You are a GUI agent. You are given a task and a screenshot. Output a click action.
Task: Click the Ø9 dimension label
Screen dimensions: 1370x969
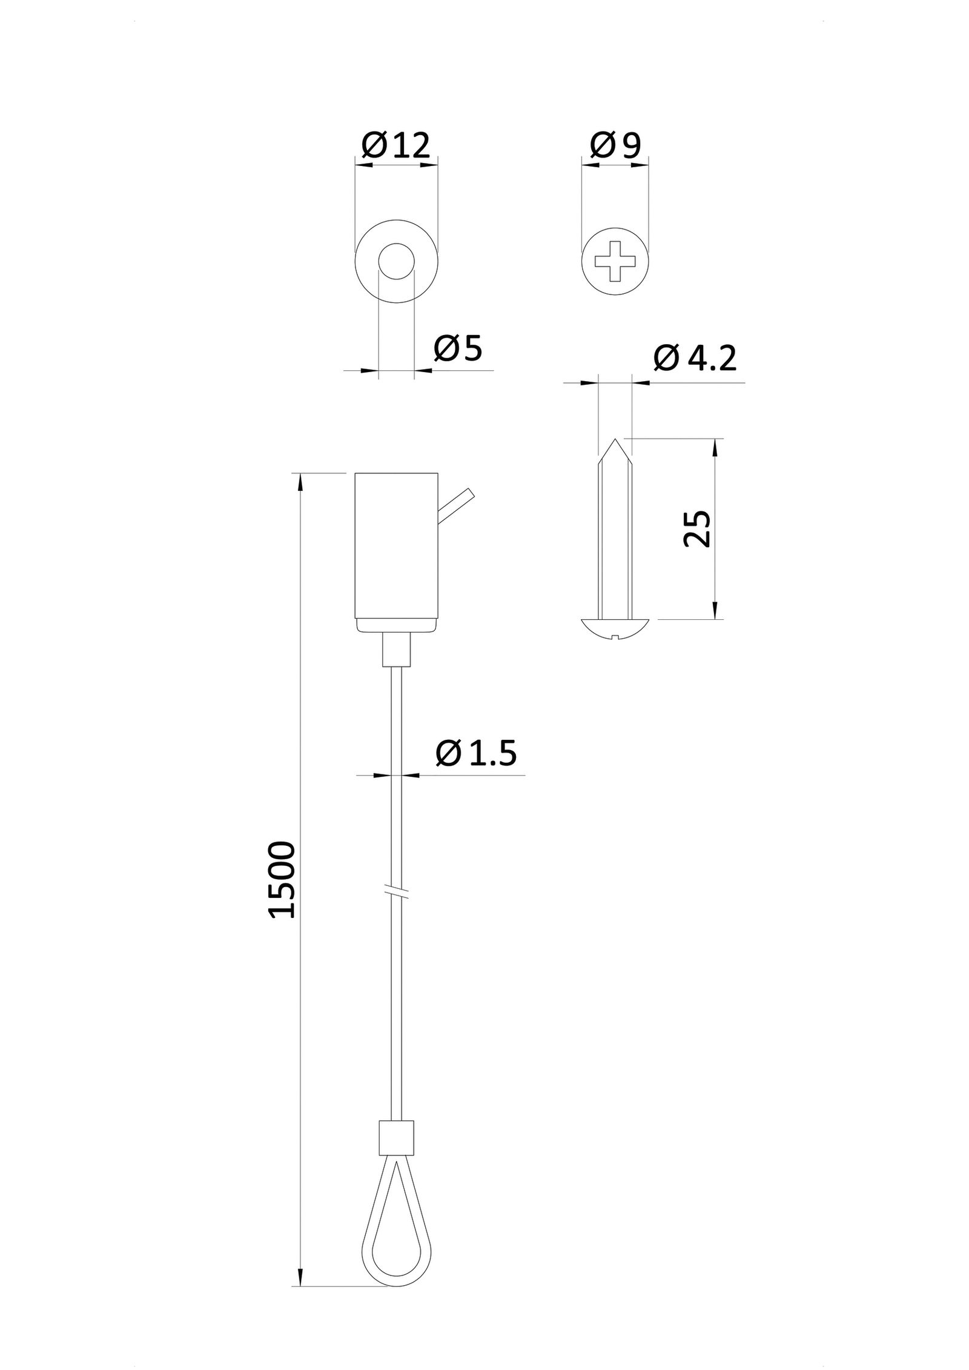pyautogui.click(x=615, y=145)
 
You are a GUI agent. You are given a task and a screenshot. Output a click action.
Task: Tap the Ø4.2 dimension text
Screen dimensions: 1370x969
pyautogui.click(x=695, y=359)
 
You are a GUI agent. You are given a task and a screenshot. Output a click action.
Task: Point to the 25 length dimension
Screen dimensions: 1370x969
pyautogui.click(x=696, y=528)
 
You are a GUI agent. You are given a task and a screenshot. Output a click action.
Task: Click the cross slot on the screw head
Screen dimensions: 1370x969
pyautogui.click(x=615, y=261)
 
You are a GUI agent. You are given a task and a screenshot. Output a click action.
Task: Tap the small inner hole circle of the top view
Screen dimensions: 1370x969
pyautogui.click(x=396, y=261)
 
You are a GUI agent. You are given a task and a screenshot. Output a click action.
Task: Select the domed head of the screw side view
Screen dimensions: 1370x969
pyautogui.click(x=615, y=628)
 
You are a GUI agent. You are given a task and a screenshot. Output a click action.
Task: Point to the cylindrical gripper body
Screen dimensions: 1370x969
pyautogui.click(x=396, y=545)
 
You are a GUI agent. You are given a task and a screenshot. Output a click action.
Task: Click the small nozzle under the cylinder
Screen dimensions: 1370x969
pyautogui.click(x=396, y=650)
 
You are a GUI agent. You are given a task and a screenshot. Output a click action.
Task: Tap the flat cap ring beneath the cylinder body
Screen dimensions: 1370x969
pyautogui.click(x=396, y=625)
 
